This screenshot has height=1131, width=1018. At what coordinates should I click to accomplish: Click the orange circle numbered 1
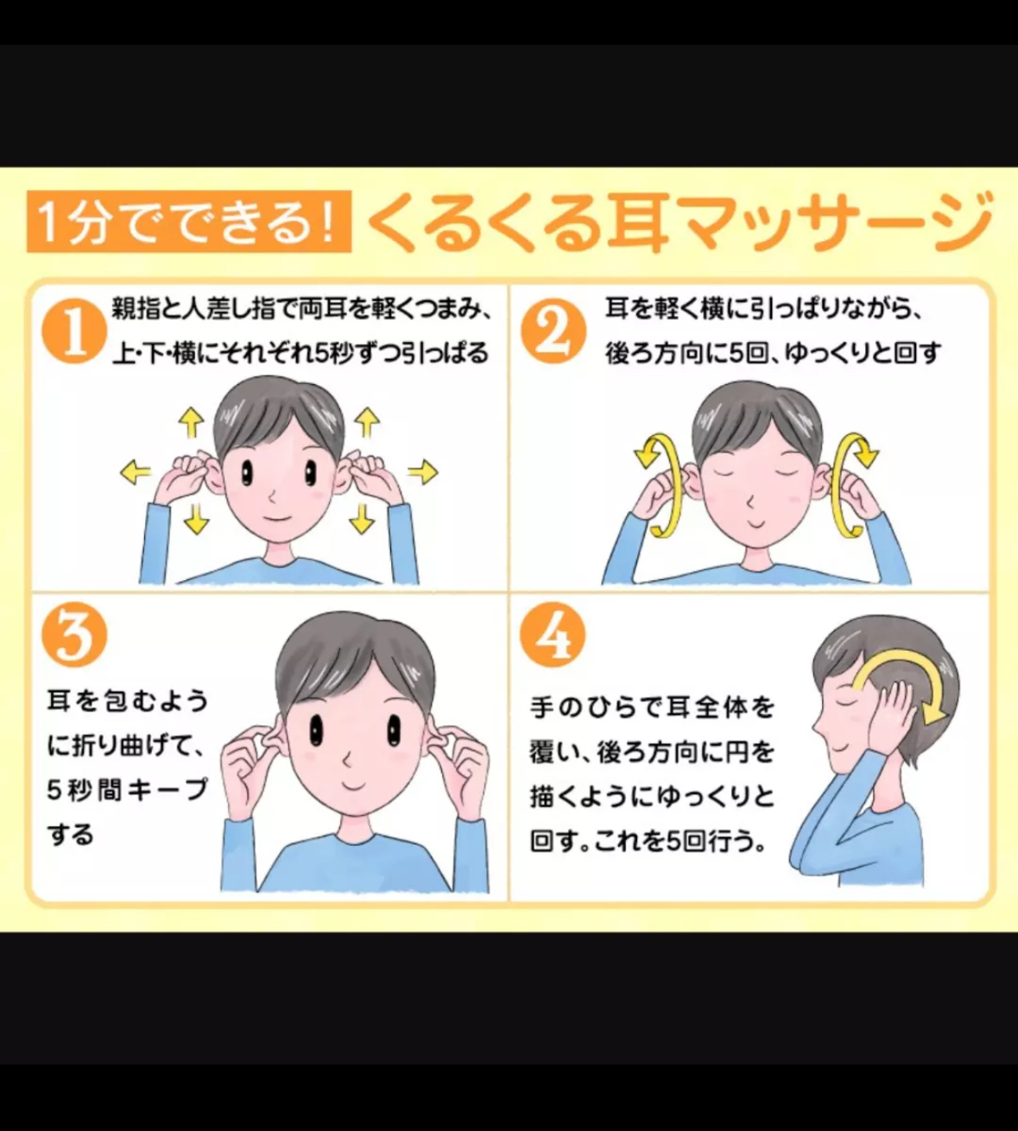click(74, 331)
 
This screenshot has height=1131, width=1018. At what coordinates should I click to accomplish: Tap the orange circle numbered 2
click(553, 331)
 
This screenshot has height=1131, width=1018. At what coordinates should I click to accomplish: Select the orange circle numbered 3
click(74, 635)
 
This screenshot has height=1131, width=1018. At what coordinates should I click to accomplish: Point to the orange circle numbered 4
click(553, 635)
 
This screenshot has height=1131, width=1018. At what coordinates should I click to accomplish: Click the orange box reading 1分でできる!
click(189, 221)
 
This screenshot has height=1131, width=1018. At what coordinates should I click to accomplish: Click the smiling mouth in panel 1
click(276, 517)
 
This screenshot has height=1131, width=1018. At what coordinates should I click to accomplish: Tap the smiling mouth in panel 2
click(754, 519)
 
